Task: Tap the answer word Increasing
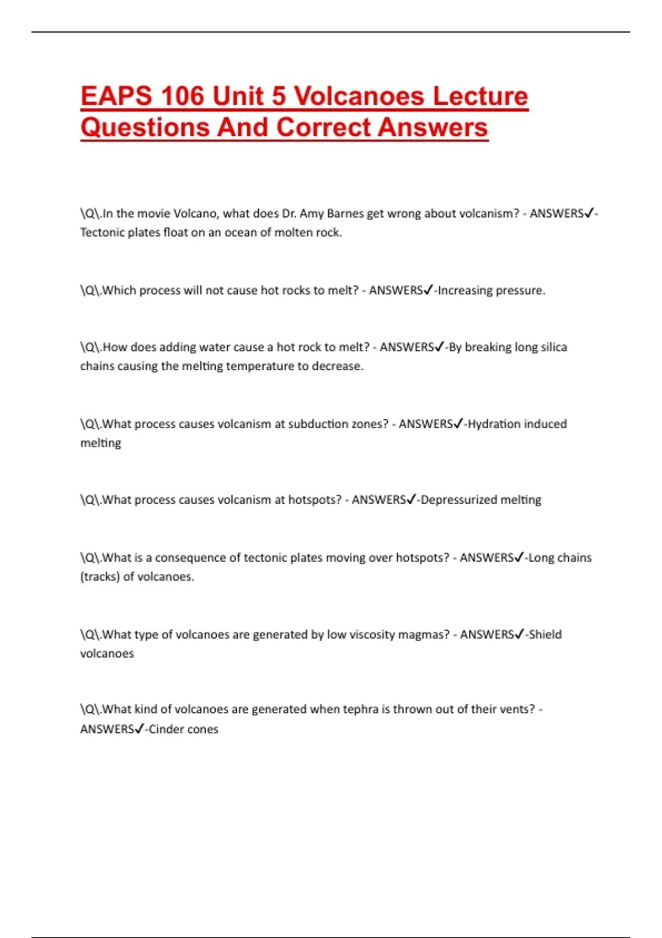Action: (x=464, y=290)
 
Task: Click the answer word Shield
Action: (x=545, y=635)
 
